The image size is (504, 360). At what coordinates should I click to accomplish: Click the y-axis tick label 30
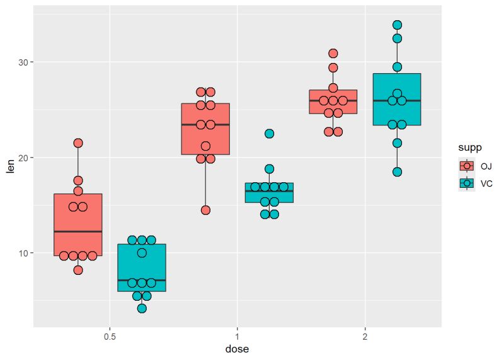point(21,62)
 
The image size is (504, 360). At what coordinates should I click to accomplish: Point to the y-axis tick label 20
point(21,158)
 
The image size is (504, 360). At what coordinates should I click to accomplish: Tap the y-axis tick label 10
point(21,253)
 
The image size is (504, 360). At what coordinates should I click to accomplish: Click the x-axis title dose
point(237,348)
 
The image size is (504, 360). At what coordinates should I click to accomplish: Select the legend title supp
point(470,148)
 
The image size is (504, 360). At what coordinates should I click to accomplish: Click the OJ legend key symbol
point(467,166)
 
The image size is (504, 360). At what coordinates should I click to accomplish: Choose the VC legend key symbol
point(467,183)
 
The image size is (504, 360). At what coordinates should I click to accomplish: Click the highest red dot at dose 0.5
point(78,143)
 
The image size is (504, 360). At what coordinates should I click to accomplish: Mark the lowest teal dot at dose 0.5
point(142,308)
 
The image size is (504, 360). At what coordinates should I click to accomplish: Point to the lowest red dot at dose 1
point(205,210)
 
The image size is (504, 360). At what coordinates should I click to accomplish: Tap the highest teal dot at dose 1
point(269,134)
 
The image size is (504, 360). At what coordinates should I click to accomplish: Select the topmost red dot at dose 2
point(333,54)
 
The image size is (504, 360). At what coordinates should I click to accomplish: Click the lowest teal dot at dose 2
point(397,171)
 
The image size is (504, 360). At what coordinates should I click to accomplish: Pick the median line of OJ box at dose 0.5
point(78,231)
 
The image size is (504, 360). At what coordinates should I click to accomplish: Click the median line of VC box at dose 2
point(397,100)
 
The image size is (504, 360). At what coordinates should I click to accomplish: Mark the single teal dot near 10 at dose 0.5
point(142,253)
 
